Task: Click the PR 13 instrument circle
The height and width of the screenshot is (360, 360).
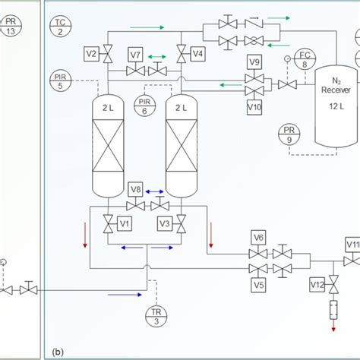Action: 10,27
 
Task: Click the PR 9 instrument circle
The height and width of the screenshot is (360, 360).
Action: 289,134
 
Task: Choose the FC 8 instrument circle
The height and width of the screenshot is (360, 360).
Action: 305,59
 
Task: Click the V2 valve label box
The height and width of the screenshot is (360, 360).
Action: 90,54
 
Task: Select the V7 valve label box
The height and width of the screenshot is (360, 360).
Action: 135,55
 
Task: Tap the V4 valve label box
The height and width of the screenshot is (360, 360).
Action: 197,54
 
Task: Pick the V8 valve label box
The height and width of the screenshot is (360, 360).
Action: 135,189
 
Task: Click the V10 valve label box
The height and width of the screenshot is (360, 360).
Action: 255,107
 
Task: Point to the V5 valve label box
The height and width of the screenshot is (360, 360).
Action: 258,286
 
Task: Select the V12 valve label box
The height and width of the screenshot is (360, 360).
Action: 317,284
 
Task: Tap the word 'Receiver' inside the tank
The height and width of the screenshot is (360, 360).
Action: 335,89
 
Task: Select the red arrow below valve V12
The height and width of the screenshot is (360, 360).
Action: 333,324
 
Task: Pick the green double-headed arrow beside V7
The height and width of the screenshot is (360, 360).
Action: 159,55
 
